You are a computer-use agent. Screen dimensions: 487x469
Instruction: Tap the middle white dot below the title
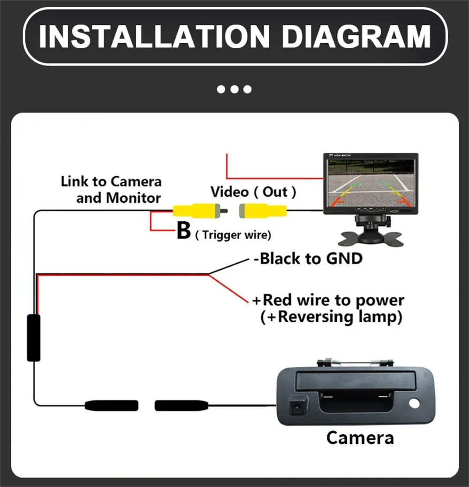click(234, 89)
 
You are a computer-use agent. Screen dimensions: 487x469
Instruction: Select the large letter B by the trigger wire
click(184, 231)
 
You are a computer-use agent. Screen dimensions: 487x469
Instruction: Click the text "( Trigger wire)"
click(233, 235)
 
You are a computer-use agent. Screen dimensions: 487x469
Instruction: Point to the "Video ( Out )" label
click(253, 192)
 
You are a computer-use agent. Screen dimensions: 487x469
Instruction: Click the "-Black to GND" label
click(308, 258)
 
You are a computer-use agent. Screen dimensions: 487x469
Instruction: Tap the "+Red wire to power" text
click(328, 300)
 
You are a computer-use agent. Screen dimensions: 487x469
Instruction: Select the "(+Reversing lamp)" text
click(331, 317)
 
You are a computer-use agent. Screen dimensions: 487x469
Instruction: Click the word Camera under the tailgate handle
click(360, 438)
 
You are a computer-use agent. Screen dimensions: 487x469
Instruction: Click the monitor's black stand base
click(371, 237)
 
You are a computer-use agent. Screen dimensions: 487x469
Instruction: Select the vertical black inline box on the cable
click(33, 338)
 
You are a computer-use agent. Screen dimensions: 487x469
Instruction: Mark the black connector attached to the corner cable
click(111, 405)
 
